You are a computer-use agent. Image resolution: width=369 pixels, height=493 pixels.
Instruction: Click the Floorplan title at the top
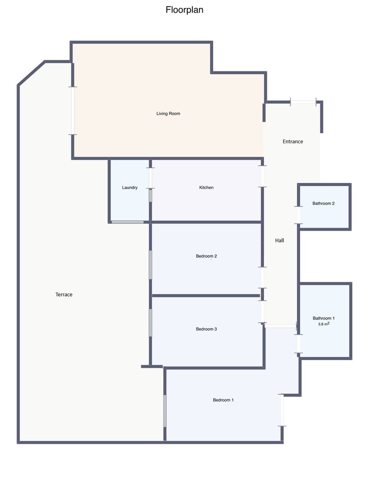coord(184,10)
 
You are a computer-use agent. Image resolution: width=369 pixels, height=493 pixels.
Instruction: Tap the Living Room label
coord(169,114)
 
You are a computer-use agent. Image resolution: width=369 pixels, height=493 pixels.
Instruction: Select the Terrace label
coord(64,294)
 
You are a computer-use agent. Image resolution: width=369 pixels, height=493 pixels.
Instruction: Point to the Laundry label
coord(130,188)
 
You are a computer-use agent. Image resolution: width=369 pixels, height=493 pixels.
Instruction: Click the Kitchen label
coord(206,188)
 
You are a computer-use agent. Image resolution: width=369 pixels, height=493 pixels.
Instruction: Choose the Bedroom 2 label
coord(206,256)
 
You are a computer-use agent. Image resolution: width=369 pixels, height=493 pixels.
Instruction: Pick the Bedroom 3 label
coord(206,329)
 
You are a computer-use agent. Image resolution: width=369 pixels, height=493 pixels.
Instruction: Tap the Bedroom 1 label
coord(223,400)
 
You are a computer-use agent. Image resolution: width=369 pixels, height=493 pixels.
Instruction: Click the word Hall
coord(279,241)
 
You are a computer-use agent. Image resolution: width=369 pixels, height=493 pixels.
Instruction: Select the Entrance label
coord(293,142)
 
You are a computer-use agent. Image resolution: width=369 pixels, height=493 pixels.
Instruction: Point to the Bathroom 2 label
coord(323,204)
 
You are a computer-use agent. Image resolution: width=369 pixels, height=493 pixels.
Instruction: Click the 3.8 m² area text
coord(324,324)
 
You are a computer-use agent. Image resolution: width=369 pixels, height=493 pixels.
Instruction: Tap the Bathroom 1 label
coord(324,318)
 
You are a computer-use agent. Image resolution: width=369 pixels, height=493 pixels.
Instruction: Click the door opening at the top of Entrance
coord(303,102)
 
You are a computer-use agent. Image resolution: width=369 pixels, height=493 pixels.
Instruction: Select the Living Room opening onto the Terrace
coord(73,110)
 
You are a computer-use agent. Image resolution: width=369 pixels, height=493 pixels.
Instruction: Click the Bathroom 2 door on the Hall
coord(298,215)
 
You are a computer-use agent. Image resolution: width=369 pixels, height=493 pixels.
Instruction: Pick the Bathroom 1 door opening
coord(298,344)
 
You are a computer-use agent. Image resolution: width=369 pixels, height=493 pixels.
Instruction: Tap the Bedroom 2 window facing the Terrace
coord(150,265)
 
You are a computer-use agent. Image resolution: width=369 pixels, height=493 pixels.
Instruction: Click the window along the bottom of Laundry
coord(128,222)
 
